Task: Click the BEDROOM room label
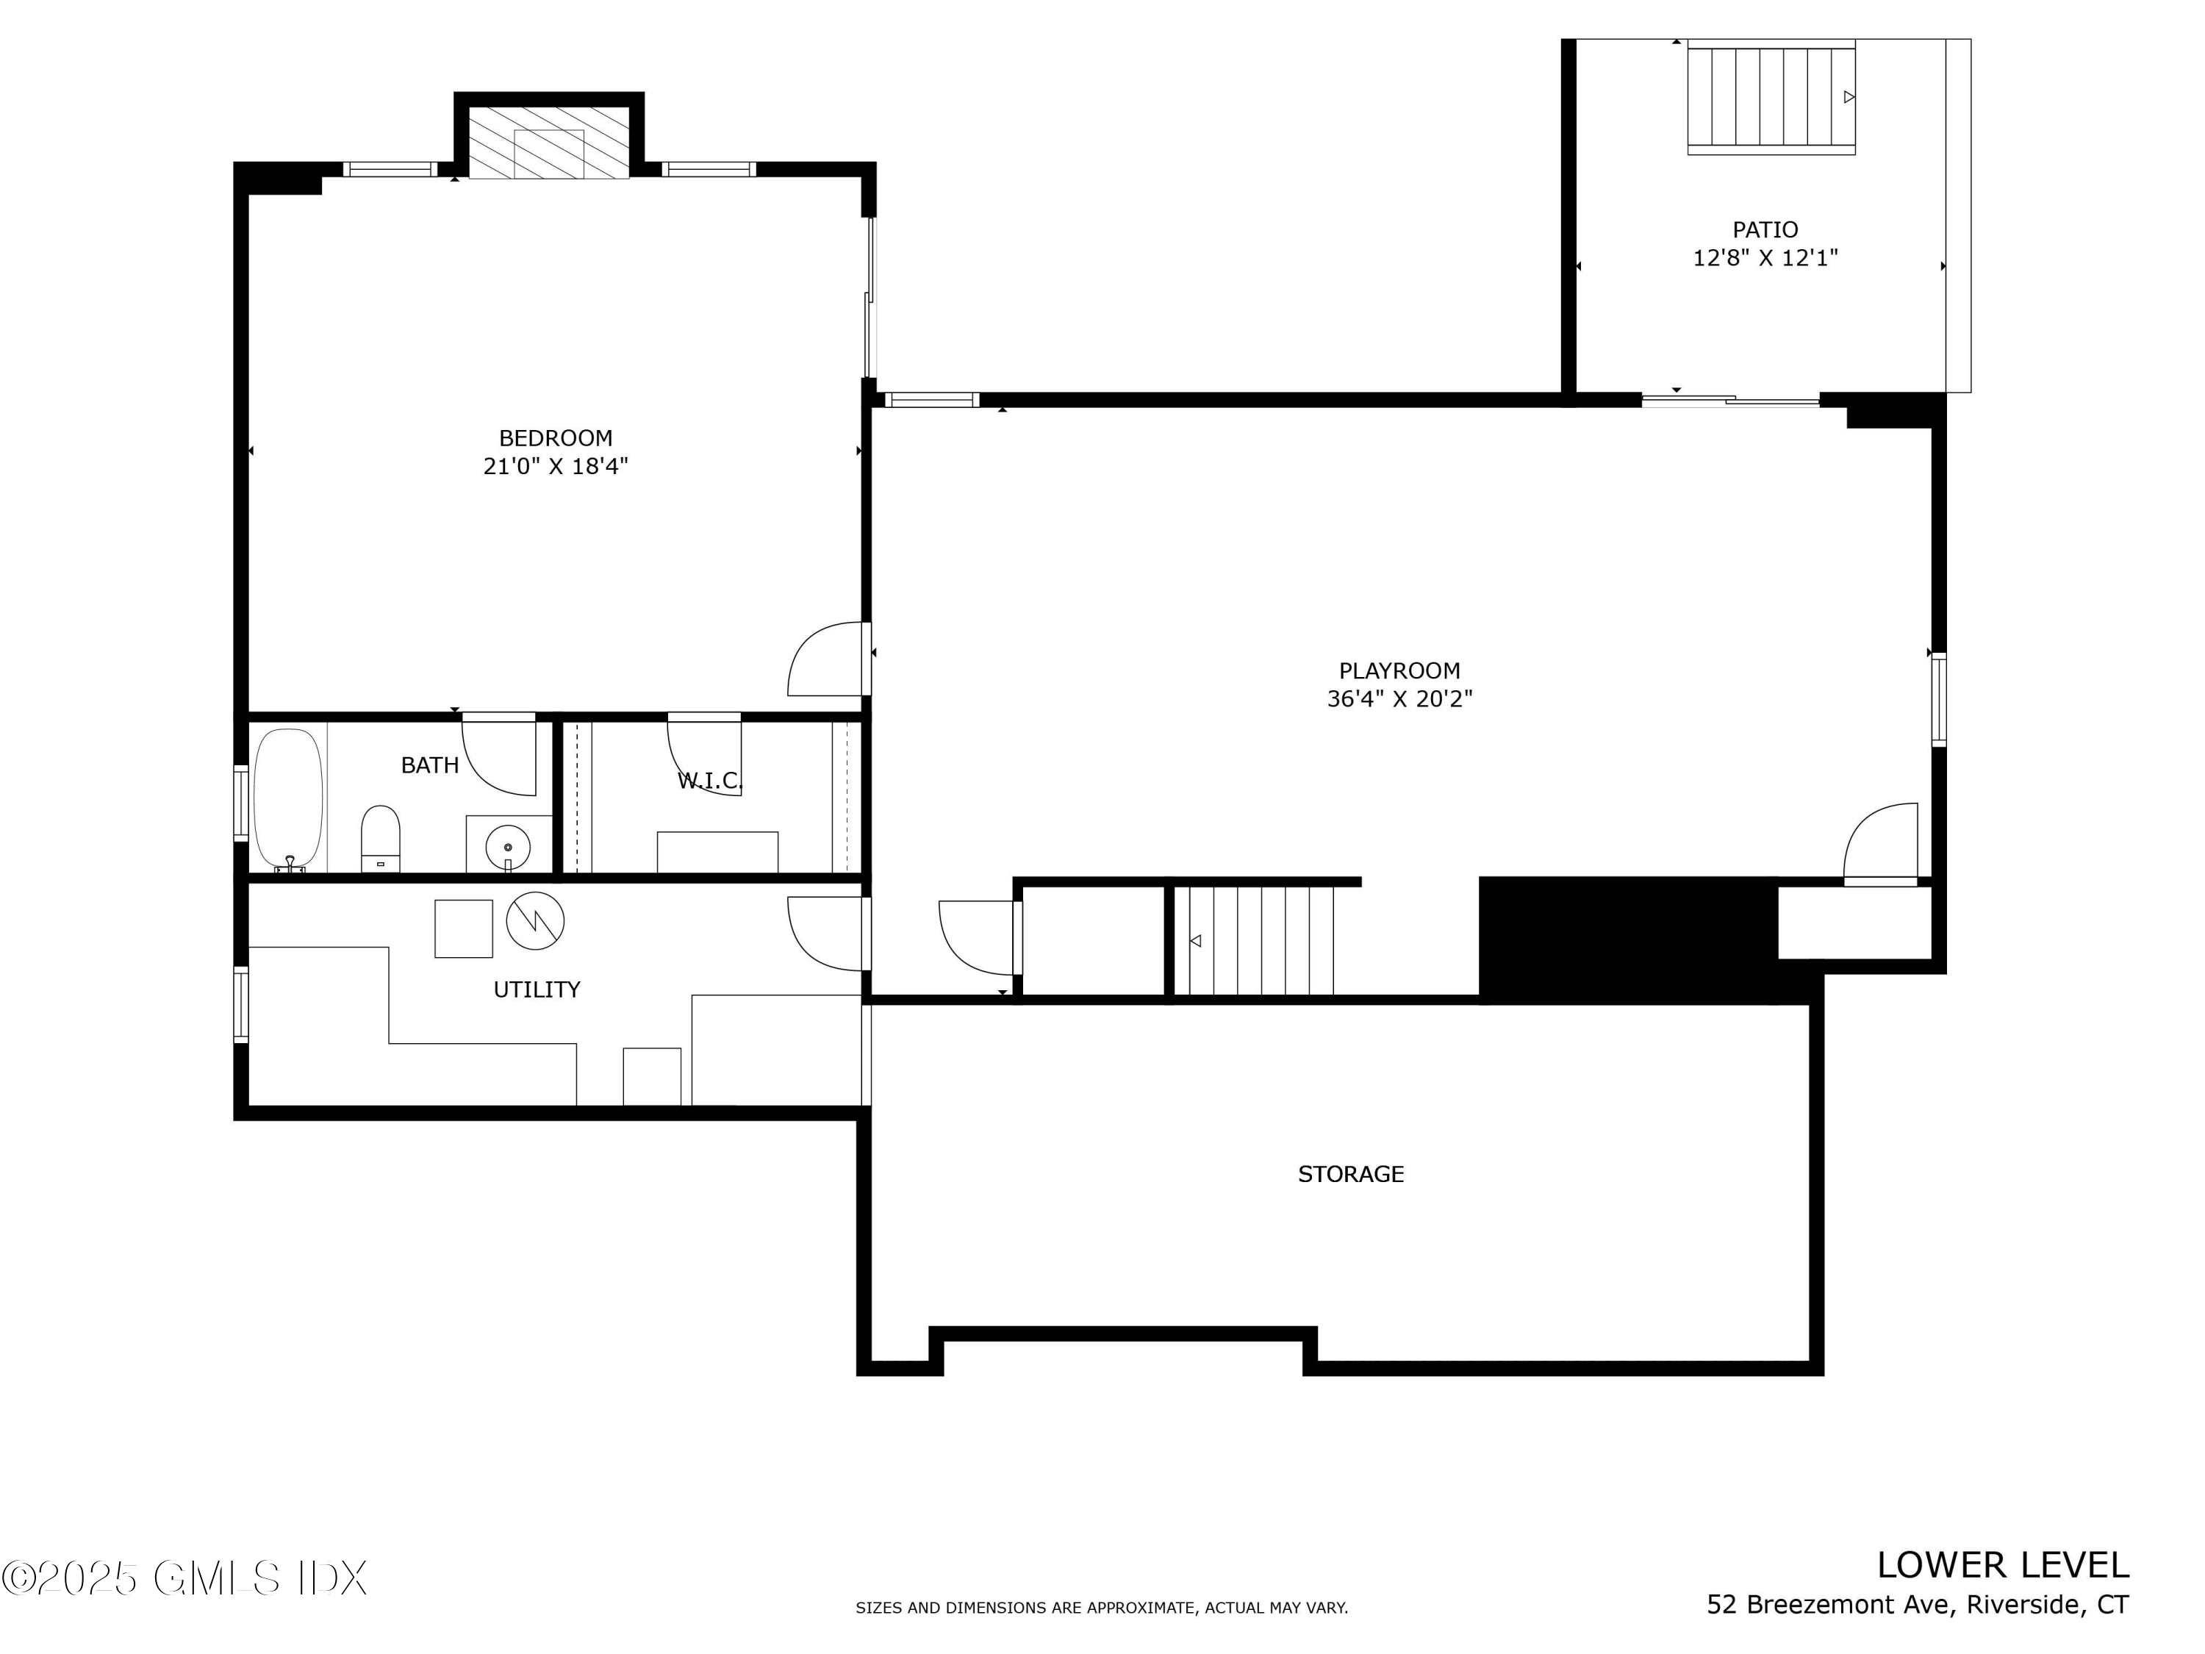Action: pos(555,437)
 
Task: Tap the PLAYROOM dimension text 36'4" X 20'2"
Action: pos(1399,699)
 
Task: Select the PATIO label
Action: pos(1765,229)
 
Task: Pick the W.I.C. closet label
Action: pos(710,781)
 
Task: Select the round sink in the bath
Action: pos(509,846)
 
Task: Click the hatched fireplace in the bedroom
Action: pos(548,142)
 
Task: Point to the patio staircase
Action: pos(1771,97)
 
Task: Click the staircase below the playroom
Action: pos(1253,940)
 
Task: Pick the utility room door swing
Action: pos(825,933)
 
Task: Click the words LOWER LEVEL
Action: pos(2001,1565)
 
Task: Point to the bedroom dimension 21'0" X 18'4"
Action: pos(555,465)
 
